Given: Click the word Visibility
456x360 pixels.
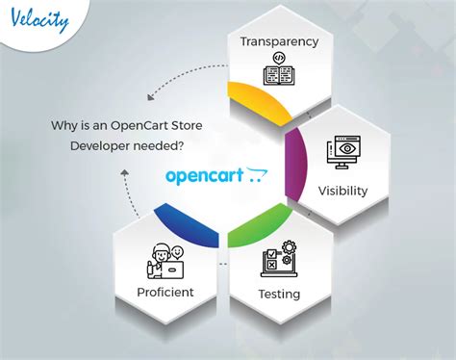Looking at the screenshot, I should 342,190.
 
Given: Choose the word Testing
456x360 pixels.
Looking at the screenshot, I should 279,293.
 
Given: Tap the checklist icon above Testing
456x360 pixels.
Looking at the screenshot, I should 278,259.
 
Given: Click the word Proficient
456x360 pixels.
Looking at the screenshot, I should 165,291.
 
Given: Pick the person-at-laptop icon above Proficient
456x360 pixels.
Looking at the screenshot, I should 166,257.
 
